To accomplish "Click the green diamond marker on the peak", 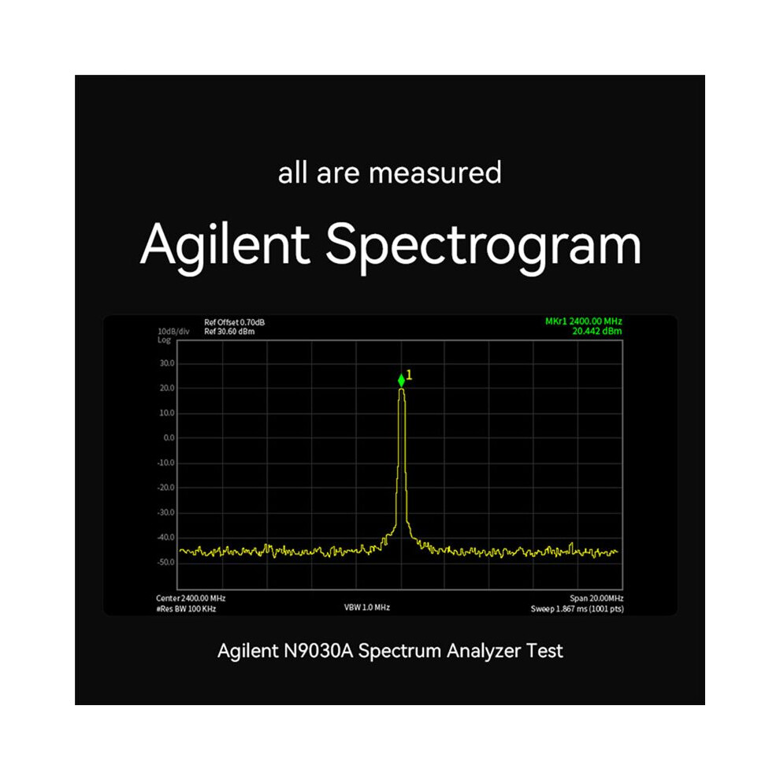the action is click(x=402, y=381).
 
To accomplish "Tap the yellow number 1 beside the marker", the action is click(x=409, y=375).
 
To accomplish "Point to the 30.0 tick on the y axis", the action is click(x=167, y=364).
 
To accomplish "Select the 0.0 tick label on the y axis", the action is click(x=169, y=438).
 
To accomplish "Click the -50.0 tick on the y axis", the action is click(x=165, y=563).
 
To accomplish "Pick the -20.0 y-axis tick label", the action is click(x=165, y=488).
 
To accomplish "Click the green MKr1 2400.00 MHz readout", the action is click(x=584, y=321).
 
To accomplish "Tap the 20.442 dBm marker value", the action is click(x=597, y=331).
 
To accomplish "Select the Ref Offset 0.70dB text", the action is click(x=234, y=322).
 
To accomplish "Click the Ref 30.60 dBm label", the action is click(x=229, y=332).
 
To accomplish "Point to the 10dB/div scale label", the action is click(x=173, y=332).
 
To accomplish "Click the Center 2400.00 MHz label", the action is click(x=191, y=599).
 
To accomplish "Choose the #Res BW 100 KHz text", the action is click(x=186, y=609).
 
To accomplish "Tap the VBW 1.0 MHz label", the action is click(x=367, y=607).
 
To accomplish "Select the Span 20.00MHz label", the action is click(x=596, y=599).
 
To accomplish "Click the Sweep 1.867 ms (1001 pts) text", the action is click(x=577, y=609).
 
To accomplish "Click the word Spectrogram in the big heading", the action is click(x=484, y=246).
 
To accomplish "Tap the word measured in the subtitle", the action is click(x=435, y=173).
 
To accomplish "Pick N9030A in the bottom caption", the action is click(x=318, y=651).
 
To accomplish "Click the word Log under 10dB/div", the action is click(x=164, y=340).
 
